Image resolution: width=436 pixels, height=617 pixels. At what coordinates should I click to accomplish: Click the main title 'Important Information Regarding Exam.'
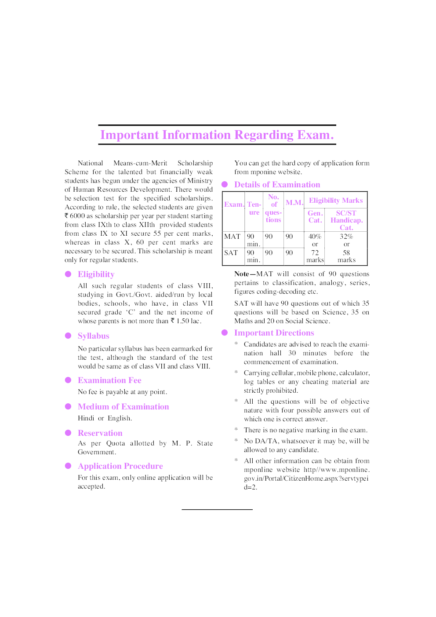click(x=217, y=135)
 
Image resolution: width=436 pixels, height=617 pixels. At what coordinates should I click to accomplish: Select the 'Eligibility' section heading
click(x=96, y=274)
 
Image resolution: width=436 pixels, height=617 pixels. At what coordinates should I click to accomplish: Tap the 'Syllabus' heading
click(x=93, y=336)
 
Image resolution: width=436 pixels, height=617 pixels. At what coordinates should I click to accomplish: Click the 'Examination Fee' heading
click(x=109, y=380)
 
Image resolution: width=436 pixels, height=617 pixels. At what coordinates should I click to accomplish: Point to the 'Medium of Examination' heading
click(x=123, y=407)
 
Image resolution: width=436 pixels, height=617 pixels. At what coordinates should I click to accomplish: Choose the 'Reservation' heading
click(x=100, y=433)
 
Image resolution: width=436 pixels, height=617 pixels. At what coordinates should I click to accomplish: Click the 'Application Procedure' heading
click(x=120, y=466)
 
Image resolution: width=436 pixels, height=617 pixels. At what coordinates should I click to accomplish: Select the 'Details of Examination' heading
click(x=277, y=185)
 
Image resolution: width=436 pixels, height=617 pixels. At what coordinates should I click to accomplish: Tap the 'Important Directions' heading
click(x=274, y=333)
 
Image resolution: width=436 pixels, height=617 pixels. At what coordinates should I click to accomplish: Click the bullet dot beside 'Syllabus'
click(x=68, y=336)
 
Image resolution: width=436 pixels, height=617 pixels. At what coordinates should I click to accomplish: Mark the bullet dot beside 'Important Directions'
click(x=225, y=332)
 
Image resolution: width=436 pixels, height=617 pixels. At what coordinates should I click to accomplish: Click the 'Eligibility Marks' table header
click(x=336, y=201)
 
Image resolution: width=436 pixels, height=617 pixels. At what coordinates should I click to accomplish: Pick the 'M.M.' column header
click(x=294, y=203)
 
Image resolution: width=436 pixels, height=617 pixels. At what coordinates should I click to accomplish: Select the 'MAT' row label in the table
click(x=232, y=237)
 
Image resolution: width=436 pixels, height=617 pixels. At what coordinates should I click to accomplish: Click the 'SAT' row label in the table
click(x=231, y=253)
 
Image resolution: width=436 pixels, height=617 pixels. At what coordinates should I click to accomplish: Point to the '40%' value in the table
click(x=315, y=237)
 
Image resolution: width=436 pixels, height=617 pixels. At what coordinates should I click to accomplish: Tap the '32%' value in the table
click(x=346, y=237)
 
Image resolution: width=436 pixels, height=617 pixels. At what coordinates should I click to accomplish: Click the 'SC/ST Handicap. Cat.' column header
click(x=346, y=220)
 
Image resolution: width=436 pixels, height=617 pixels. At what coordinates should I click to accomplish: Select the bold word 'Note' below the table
click(x=241, y=274)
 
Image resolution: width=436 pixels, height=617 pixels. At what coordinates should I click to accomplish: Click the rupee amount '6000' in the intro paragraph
click(x=77, y=216)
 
